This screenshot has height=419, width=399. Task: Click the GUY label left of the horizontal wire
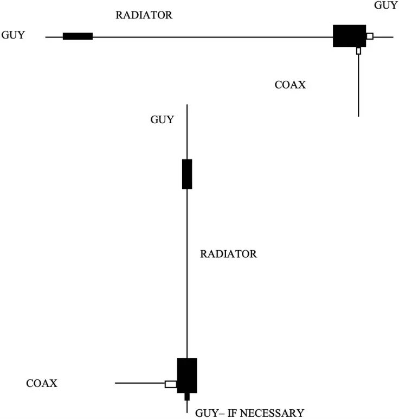[14, 35]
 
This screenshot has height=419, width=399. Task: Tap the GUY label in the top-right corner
[385, 5]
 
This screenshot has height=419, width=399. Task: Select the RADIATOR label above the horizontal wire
[144, 15]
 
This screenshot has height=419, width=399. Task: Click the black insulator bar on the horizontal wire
[78, 36]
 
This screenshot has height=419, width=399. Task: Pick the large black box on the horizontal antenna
[349, 36]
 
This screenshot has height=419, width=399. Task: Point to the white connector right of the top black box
[370, 36]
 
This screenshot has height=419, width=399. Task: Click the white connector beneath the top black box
[358, 51]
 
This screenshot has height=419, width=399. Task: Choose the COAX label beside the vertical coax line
[290, 85]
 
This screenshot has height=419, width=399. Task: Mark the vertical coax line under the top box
[358, 87]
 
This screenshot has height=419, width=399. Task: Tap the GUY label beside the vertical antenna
[162, 119]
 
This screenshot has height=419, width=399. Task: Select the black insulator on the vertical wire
[187, 174]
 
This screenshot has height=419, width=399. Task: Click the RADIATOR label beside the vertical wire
[228, 253]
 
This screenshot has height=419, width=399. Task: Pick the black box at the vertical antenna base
[187, 375]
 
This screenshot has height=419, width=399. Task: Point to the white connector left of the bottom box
[171, 384]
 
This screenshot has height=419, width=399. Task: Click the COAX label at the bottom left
[42, 383]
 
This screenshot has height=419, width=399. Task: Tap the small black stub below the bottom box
[187, 397]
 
